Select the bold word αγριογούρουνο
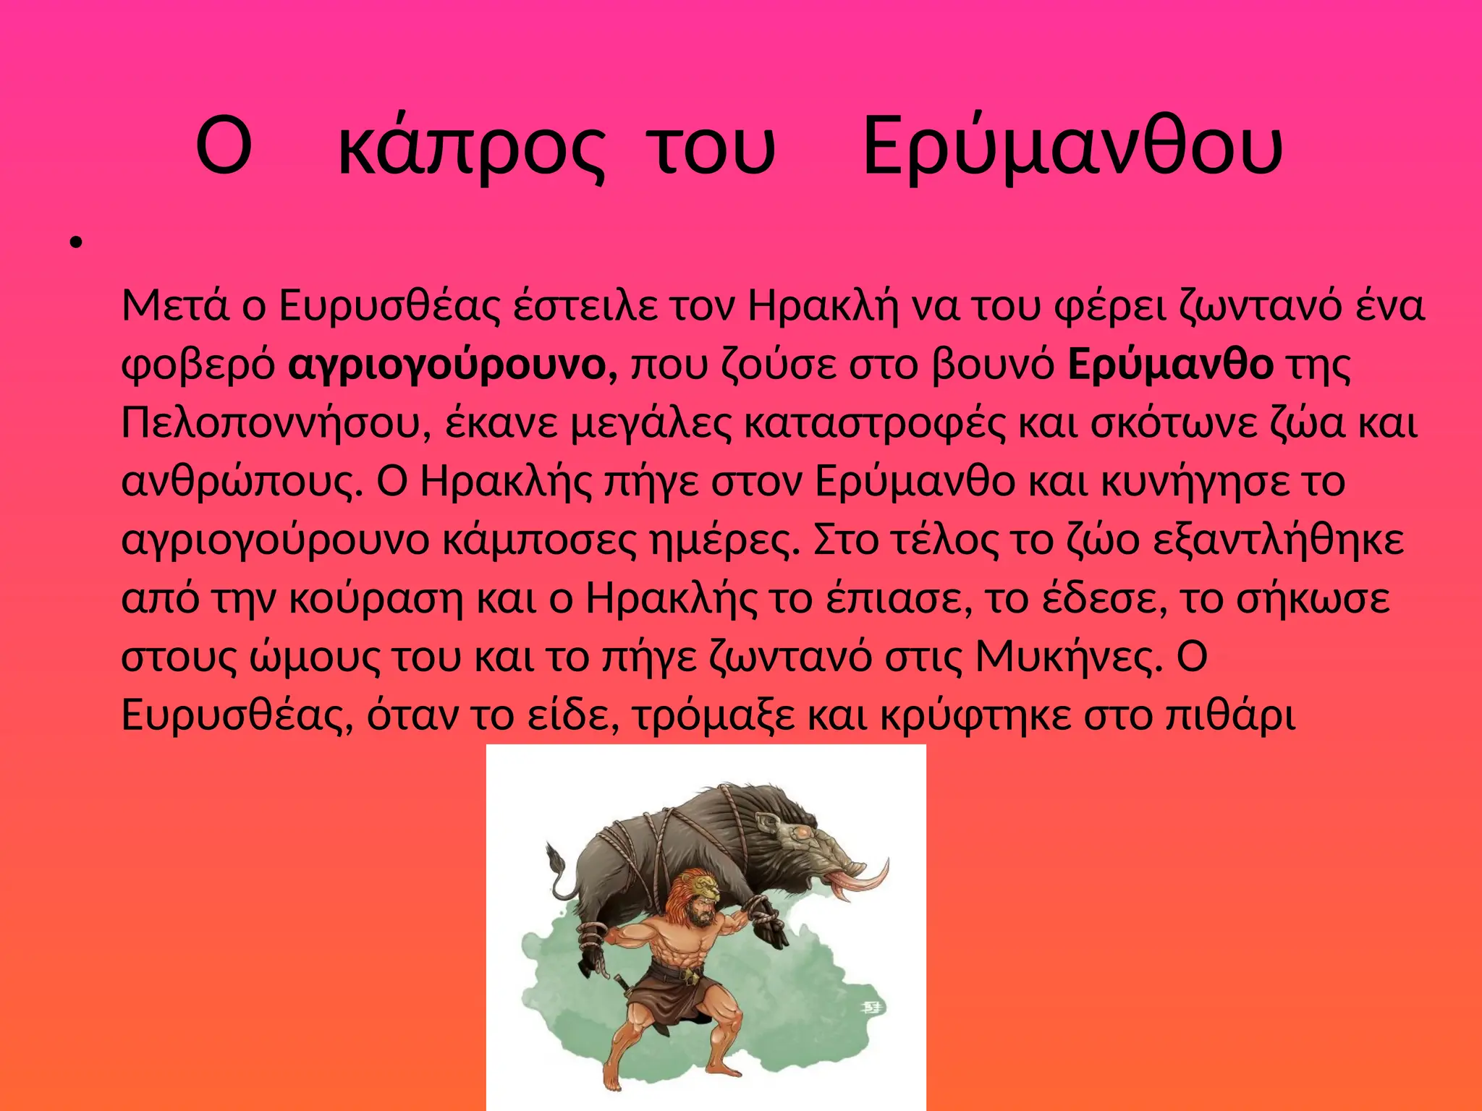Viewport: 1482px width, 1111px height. tap(453, 365)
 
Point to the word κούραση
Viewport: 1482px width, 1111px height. tap(376, 599)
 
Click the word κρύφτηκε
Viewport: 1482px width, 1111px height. tap(975, 715)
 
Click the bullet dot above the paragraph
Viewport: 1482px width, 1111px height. tap(75, 244)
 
